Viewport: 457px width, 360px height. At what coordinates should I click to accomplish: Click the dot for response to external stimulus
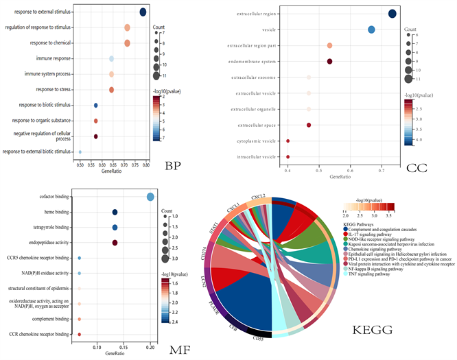click(143, 12)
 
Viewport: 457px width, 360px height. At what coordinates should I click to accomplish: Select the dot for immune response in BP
click(112, 58)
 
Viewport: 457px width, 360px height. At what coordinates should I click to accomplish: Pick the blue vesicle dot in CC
click(371, 29)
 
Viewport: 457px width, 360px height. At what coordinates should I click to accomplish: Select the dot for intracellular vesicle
click(288, 157)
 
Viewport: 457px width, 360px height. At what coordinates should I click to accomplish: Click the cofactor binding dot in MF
click(150, 197)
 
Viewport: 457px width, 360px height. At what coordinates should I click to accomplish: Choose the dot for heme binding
click(115, 213)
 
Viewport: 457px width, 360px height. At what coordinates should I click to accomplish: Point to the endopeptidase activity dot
click(115, 243)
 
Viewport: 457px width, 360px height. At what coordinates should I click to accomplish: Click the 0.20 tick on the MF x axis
click(150, 348)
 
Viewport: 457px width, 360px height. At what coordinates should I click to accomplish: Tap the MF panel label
click(178, 350)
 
